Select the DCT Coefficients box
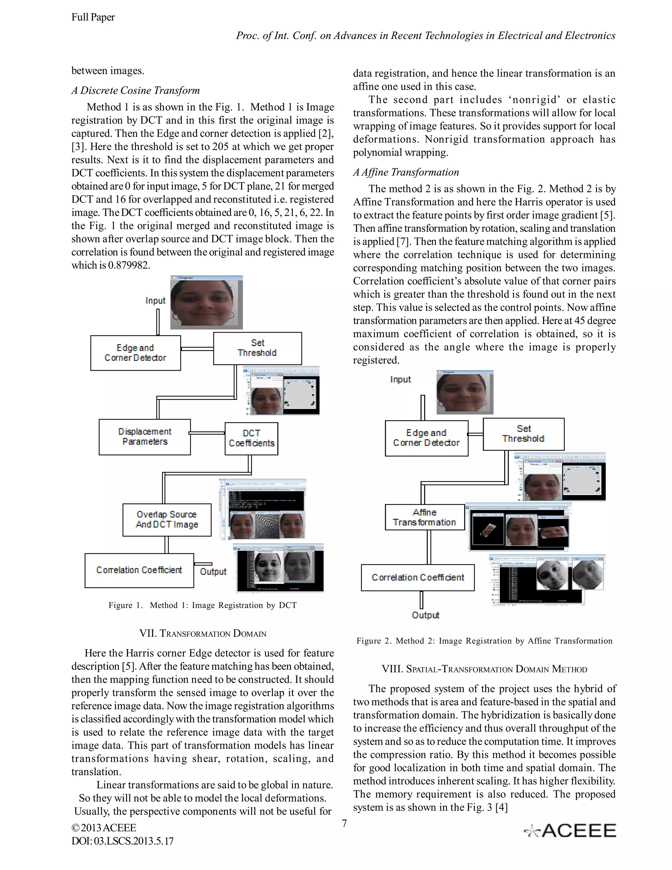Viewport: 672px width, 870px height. coord(251,438)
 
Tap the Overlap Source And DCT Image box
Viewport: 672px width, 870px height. coord(167,519)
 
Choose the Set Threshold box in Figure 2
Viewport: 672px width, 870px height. coord(523,434)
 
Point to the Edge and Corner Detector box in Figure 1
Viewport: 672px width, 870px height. coord(136,353)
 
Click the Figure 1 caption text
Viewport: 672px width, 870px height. coord(203,605)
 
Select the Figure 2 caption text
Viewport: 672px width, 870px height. coord(484,641)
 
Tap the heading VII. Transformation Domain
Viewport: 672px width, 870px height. coord(203,633)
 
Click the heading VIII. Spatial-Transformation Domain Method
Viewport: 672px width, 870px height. coord(484,669)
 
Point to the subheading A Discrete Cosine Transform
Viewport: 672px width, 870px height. coord(136,90)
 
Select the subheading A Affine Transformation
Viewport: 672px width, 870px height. coord(406,172)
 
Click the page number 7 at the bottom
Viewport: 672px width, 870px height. coord(344,823)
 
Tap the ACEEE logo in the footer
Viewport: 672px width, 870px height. coord(570,830)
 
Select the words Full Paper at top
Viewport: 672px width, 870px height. coord(93,17)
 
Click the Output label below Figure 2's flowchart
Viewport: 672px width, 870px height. coord(425,615)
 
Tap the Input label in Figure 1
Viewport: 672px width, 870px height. coord(155,300)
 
